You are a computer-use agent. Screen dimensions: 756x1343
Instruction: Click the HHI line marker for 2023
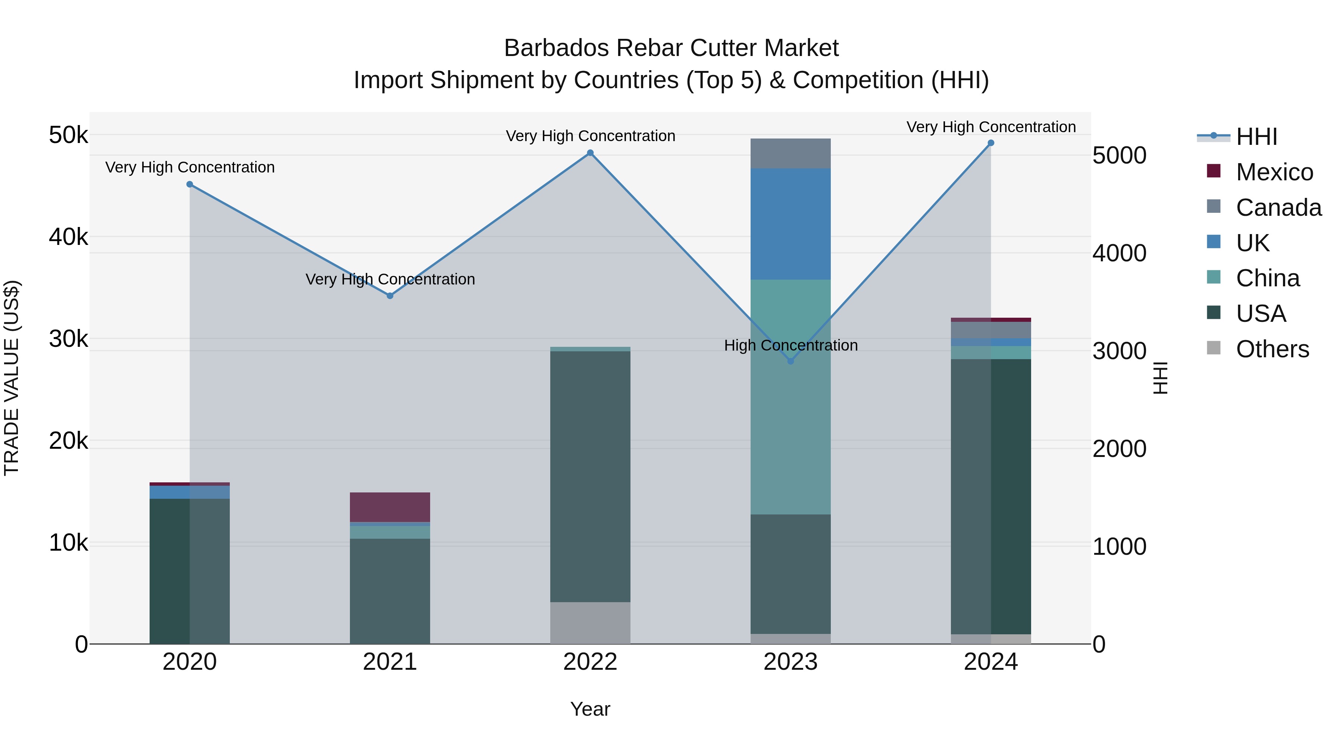click(791, 361)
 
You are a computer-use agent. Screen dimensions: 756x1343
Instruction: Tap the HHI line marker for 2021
click(390, 295)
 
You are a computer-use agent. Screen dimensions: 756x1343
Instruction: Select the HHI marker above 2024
click(990, 143)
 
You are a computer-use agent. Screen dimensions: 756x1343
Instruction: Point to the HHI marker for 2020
click(190, 184)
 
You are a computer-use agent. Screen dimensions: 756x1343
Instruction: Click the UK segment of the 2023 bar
click(791, 224)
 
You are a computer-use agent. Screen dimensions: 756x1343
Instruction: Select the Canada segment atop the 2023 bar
click(791, 153)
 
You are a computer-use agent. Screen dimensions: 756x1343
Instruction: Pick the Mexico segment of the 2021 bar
click(390, 507)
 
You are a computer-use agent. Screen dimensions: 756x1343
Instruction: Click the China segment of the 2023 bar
click(791, 396)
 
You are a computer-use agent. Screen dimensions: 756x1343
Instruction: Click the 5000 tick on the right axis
click(1119, 155)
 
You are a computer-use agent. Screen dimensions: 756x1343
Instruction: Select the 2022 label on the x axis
click(590, 662)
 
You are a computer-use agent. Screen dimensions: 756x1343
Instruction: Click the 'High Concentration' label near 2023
click(791, 345)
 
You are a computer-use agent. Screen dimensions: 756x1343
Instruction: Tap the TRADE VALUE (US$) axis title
click(12, 378)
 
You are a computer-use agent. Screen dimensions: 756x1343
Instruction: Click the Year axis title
click(590, 709)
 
